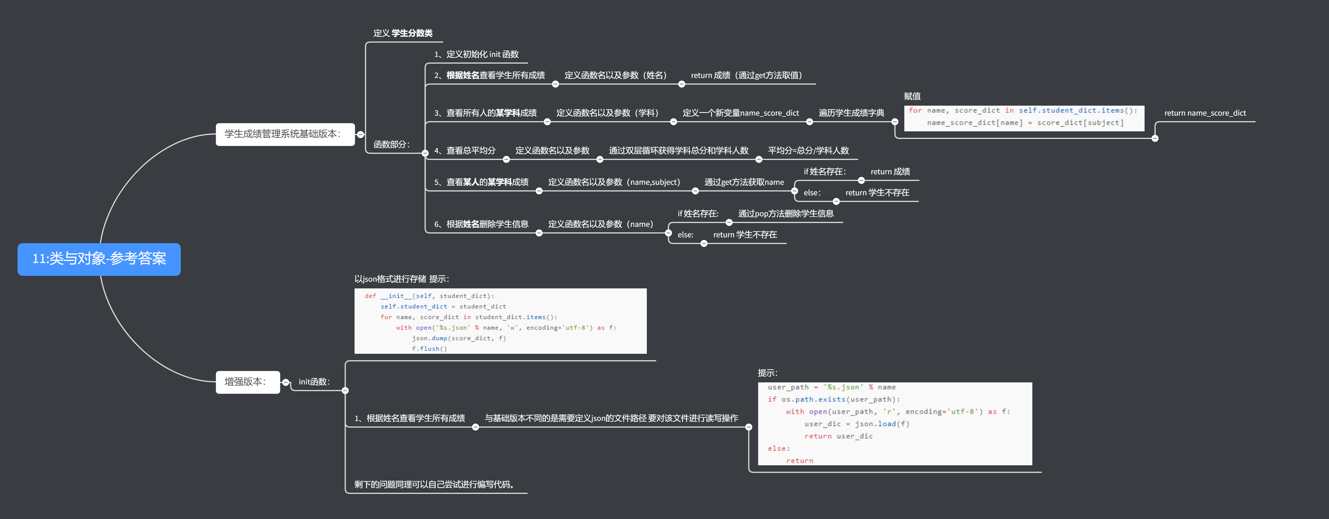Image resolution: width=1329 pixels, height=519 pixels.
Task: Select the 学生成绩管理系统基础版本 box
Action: pyautogui.click(x=285, y=134)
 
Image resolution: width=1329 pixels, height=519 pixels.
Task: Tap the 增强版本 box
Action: pyautogui.click(x=248, y=382)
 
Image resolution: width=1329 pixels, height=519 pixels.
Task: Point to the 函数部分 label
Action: pyautogui.click(x=391, y=144)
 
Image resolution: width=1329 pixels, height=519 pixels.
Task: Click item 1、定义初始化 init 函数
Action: pyautogui.click(x=476, y=54)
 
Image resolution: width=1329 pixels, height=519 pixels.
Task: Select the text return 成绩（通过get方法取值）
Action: pyautogui.click(x=746, y=75)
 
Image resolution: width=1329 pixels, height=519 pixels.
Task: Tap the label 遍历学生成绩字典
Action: pyautogui.click(x=851, y=113)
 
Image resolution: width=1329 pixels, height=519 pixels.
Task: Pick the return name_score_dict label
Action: pyautogui.click(x=1205, y=113)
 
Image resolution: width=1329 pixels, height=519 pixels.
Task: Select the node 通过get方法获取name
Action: pyautogui.click(x=744, y=182)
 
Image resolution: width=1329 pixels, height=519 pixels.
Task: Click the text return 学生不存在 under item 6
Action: pyautogui.click(x=745, y=234)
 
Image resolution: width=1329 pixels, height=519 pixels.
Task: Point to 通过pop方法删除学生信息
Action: pyautogui.click(x=786, y=213)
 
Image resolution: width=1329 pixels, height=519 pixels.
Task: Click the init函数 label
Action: pyautogui.click(x=314, y=382)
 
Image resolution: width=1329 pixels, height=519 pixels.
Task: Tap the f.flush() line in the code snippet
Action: pyautogui.click(x=429, y=349)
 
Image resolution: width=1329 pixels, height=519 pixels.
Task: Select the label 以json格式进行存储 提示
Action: pyautogui.click(x=401, y=279)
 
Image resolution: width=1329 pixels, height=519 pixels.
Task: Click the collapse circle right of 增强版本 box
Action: pyautogui.click(x=286, y=382)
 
